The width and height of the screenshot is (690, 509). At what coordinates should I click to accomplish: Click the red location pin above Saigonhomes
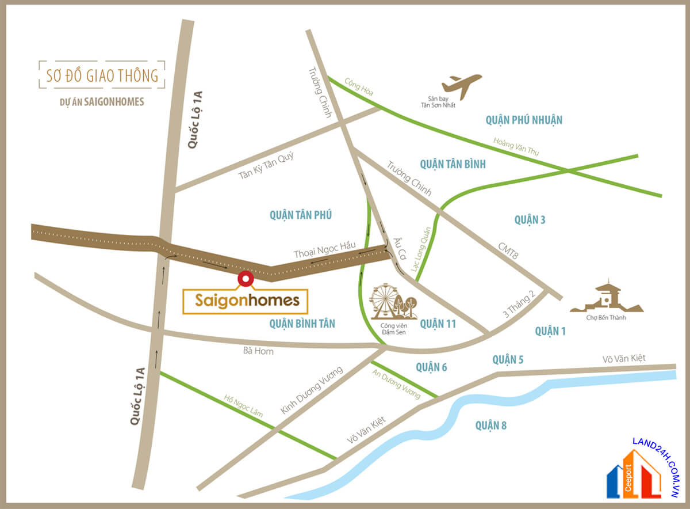tap(246, 279)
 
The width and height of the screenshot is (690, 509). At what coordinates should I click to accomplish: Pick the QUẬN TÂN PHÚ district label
tap(301, 215)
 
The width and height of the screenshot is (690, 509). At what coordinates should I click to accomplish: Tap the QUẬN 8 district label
tap(491, 426)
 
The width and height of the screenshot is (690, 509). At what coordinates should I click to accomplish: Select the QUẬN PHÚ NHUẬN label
tap(523, 120)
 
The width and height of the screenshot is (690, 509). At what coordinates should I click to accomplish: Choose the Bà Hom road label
tap(258, 351)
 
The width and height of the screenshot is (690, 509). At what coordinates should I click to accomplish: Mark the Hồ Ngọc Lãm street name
tap(243, 405)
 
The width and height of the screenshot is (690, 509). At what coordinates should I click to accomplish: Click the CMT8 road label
tap(507, 252)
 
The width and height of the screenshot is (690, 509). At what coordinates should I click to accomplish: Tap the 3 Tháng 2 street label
tap(519, 304)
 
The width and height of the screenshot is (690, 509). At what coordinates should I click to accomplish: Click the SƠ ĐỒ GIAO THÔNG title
tap(102, 75)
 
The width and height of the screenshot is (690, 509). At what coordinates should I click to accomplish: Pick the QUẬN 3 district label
tap(530, 219)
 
